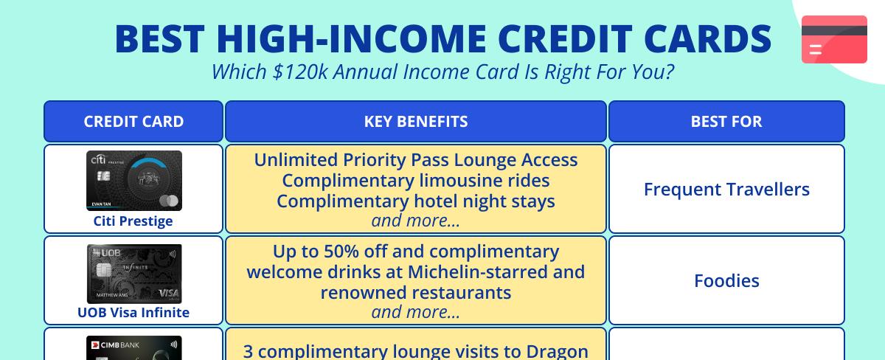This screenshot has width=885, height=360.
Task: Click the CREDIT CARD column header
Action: point(133,122)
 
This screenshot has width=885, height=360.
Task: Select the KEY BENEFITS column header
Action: point(416,122)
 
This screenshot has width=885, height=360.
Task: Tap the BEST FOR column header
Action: point(726,122)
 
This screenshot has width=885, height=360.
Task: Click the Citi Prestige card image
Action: point(133,181)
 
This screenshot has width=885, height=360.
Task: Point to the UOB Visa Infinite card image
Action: point(133,274)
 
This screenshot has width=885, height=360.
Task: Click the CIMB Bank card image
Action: point(133,348)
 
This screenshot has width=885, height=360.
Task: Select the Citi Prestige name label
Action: point(133,221)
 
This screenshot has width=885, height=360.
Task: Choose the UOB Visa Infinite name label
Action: point(133,313)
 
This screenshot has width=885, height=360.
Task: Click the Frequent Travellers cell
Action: point(726,190)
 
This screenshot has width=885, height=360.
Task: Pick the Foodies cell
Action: point(726,281)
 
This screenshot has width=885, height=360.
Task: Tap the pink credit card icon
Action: point(834,39)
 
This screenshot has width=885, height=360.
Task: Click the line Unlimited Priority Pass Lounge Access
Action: point(416,160)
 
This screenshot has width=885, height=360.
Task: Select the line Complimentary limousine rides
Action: point(416,181)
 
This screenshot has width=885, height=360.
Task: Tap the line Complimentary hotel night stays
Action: point(416,201)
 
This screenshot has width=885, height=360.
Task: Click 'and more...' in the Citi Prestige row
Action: point(416,221)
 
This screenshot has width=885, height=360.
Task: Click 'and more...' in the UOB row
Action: point(416,312)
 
